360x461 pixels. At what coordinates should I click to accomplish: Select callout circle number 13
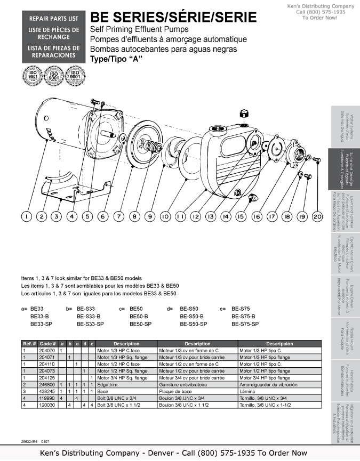click(x=211, y=216)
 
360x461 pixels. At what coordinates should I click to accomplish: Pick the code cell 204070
click(x=47, y=351)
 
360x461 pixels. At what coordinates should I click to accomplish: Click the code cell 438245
click(x=47, y=391)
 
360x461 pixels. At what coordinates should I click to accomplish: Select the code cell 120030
click(x=47, y=405)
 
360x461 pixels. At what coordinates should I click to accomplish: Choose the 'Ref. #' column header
click(x=29, y=344)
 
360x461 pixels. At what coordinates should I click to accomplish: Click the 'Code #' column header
click(x=47, y=344)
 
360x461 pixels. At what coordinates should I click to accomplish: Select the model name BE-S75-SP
click(x=245, y=324)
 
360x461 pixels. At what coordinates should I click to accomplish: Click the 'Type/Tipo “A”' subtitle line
click(x=116, y=59)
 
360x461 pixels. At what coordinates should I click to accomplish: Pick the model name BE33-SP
click(x=41, y=324)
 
